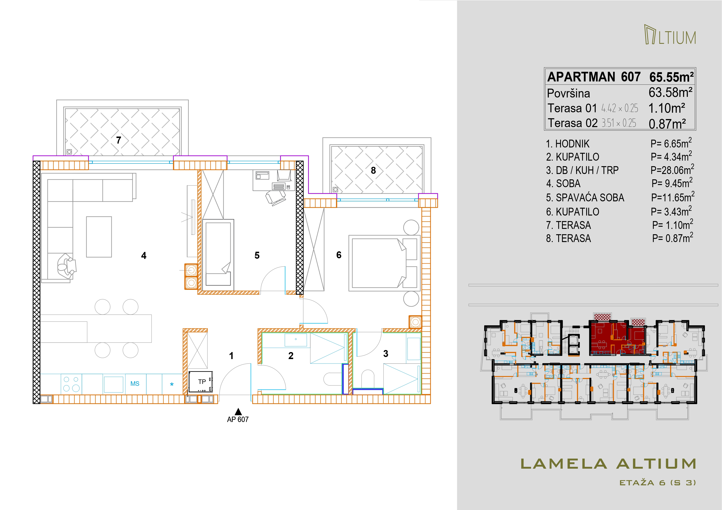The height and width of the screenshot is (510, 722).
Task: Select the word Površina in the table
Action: (x=569, y=93)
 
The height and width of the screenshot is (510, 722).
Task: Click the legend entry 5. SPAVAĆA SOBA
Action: (x=585, y=198)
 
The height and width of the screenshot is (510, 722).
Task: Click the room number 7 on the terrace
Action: (x=119, y=140)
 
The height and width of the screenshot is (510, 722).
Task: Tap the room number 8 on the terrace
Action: (x=373, y=170)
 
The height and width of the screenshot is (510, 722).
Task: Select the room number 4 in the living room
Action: (x=144, y=255)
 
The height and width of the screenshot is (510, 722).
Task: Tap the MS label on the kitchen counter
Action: (x=135, y=384)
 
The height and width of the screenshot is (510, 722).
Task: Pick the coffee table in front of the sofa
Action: (x=99, y=237)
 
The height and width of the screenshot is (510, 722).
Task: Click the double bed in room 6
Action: (x=385, y=263)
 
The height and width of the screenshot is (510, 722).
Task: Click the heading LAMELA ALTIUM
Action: (x=608, y=464)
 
